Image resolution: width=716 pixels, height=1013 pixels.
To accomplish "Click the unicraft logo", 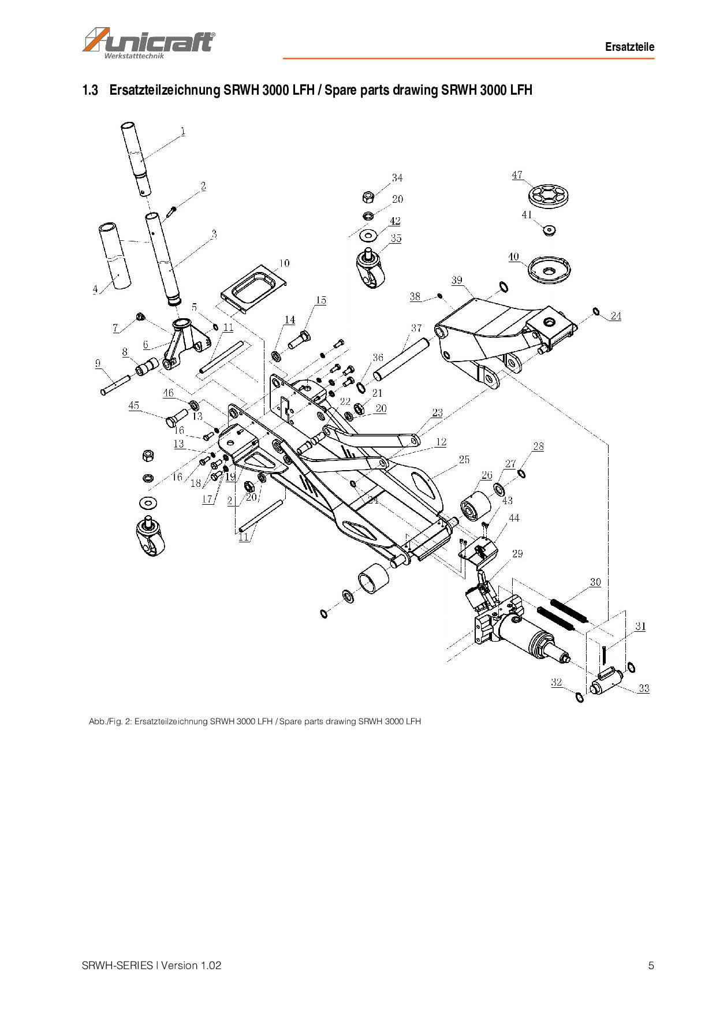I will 149,42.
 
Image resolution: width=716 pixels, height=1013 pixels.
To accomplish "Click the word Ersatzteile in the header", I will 629,47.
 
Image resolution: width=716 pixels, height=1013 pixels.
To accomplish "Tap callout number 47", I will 517,174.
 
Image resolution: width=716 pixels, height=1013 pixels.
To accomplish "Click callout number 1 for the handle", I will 183,131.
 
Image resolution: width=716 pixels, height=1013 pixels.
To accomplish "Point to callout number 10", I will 284,263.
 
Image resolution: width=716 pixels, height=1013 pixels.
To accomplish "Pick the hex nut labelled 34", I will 367,197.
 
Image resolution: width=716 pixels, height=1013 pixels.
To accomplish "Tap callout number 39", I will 457,280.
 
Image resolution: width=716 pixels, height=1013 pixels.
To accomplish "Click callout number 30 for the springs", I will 595,582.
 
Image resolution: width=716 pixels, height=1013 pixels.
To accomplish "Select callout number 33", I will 644,688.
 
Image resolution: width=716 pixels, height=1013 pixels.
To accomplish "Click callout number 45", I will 134,405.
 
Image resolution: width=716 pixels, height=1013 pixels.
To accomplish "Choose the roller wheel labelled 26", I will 475,508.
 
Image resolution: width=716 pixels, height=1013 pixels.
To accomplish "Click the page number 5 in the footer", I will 651,965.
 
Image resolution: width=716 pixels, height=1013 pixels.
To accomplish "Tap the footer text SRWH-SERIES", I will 117,965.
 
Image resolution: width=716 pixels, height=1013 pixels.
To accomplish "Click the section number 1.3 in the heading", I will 91,90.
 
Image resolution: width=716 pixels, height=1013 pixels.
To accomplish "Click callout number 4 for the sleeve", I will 95,289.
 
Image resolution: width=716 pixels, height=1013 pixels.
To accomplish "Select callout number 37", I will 416,328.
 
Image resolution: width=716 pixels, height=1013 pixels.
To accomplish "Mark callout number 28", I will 538,446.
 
